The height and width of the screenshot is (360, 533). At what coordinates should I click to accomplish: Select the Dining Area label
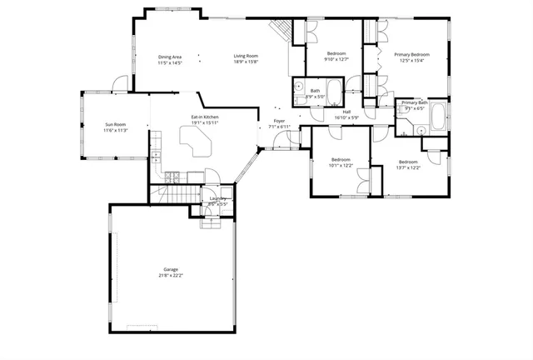point(170,57)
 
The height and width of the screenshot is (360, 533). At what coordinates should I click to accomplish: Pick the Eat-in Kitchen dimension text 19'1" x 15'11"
point(205,123)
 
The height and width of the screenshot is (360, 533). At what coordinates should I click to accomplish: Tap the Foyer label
point(279,121)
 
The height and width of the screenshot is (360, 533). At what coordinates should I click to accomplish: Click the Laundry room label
point(218,198)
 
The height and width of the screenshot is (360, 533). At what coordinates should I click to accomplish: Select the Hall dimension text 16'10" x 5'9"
point(346,117)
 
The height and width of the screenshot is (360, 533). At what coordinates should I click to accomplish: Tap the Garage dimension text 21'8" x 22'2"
point(171,276)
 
